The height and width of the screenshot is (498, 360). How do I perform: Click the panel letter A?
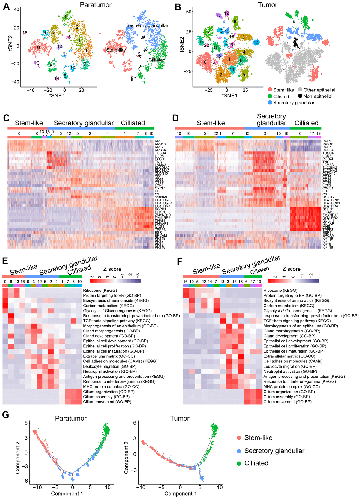click(x=6, y=7)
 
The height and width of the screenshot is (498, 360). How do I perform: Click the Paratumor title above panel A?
click(x=96, y=5)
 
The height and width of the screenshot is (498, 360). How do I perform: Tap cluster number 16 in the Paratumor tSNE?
click(x=25, y=33)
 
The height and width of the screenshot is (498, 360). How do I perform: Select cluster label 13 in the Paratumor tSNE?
click(x=37, y=63)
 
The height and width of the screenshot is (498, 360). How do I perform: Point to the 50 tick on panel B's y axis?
click(x=189, y=12)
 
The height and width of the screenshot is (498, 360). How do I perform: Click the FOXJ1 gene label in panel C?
click(x=160, y=212)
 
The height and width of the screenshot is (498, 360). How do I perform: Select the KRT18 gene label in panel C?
click(x=160, y=247)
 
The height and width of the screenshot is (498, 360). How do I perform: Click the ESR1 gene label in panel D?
click(x=327, y=233)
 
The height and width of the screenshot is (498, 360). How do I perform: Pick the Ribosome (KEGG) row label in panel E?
click(x=99, y=291)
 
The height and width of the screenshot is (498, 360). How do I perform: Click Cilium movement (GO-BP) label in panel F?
click(x=287, y=402)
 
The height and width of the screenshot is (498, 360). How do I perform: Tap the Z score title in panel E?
click(x=112, y=269)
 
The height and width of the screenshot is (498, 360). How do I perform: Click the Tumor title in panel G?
click(x=180, y=418)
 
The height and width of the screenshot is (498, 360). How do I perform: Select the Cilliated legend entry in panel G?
click(x=256, y=463)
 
